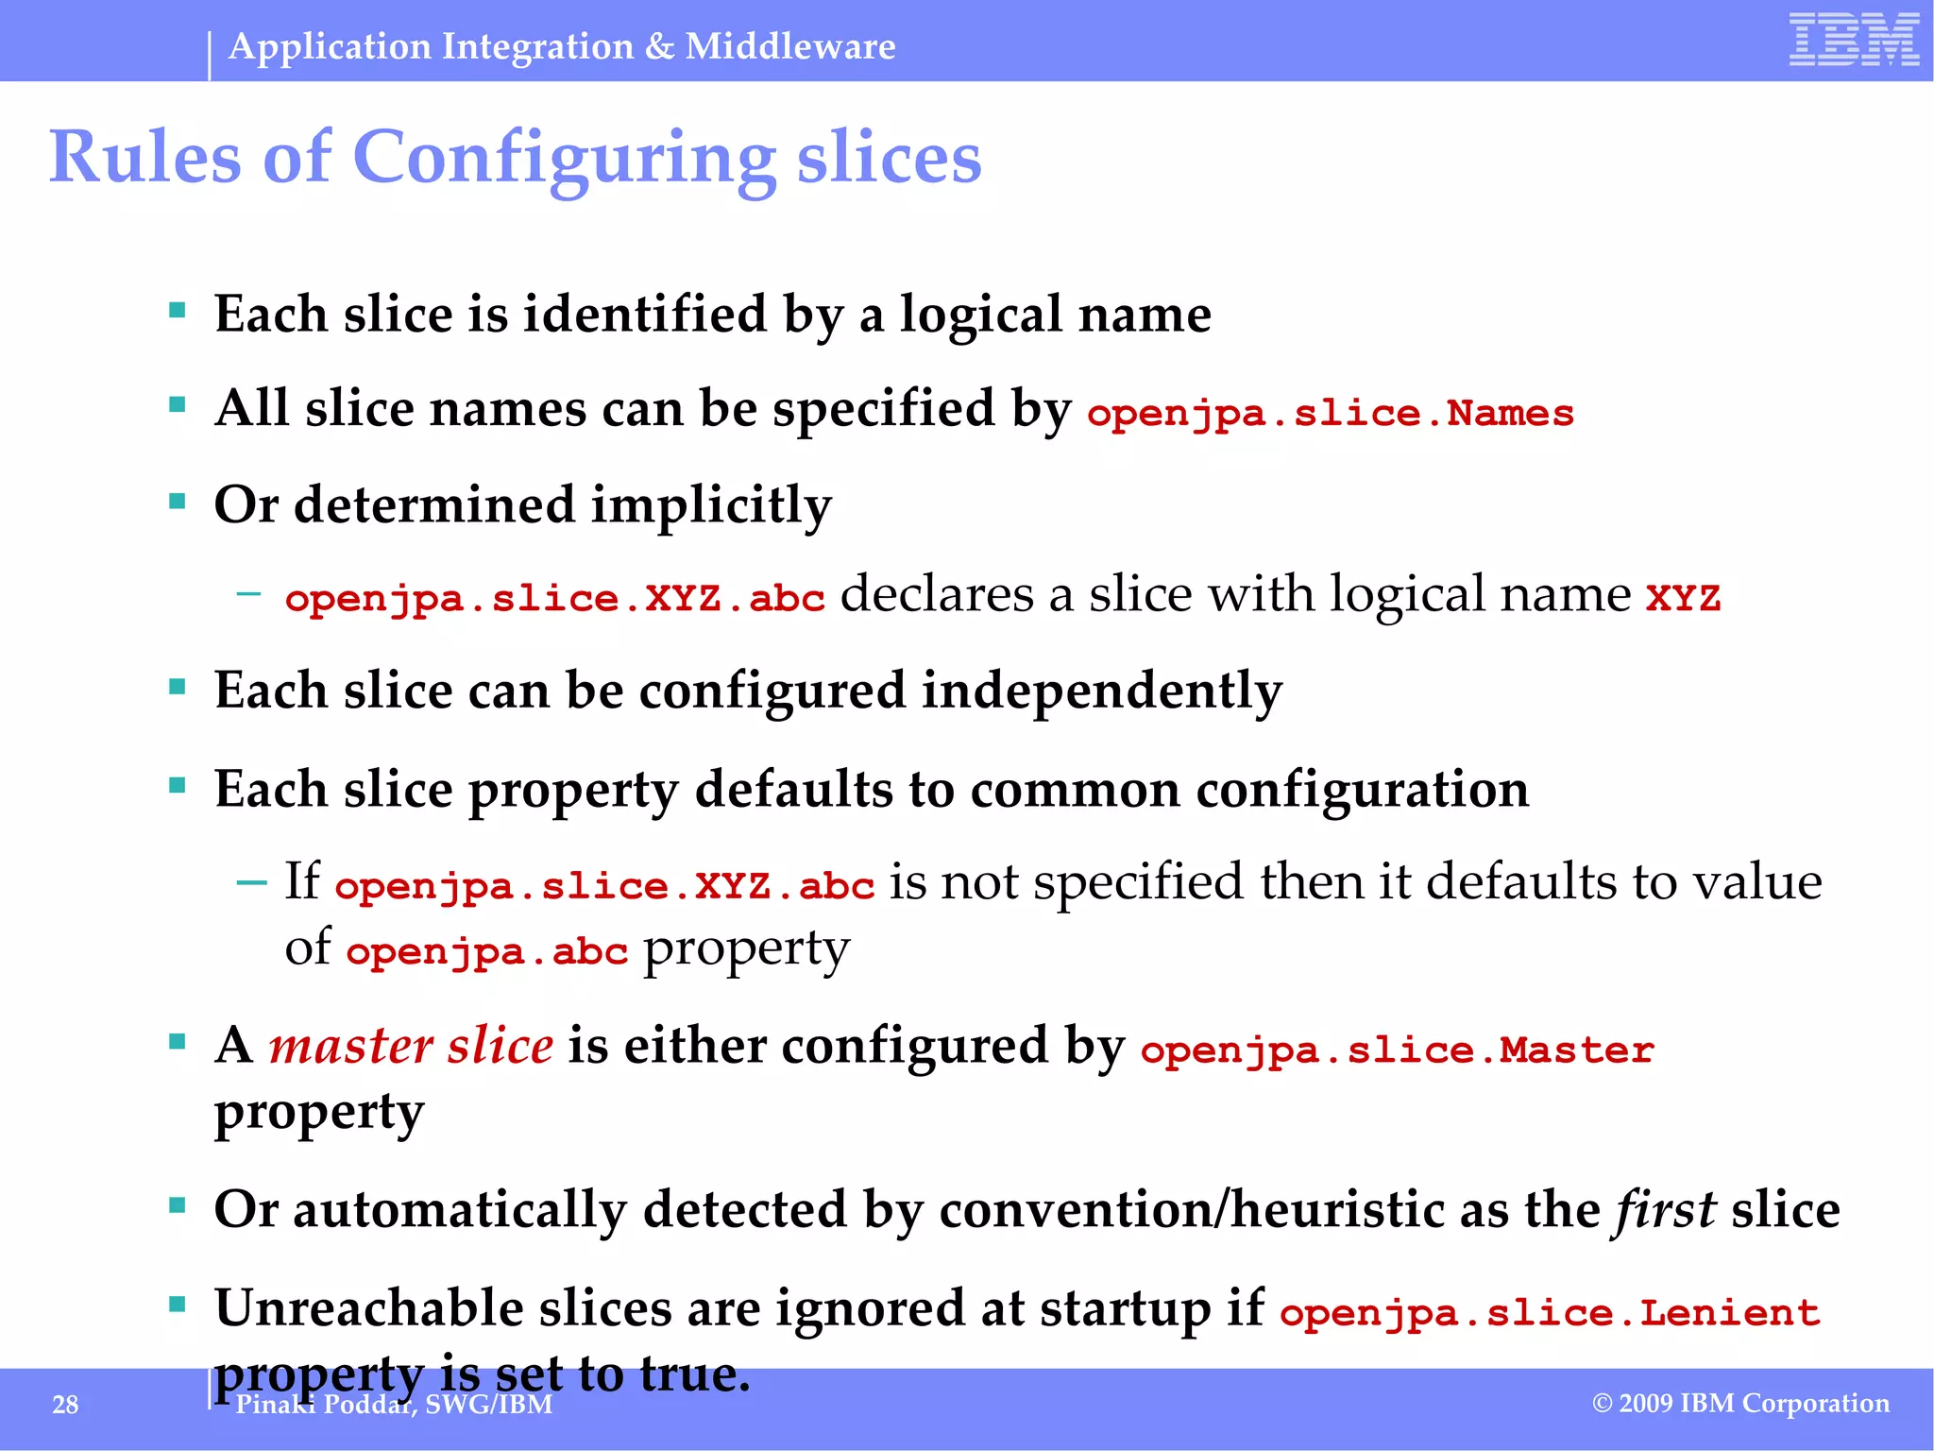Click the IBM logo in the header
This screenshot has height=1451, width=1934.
1854,41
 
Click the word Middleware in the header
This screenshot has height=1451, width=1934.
790,46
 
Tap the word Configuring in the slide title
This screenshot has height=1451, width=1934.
564,158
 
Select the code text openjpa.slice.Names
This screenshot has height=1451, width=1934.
1331,414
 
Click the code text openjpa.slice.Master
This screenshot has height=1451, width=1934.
1397,1050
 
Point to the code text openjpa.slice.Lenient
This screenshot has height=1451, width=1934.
1550,1313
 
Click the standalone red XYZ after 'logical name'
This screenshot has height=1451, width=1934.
1683,599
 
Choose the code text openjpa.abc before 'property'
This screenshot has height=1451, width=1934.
486,951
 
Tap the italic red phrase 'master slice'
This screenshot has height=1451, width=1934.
411,1047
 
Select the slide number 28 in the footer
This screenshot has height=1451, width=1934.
65,1405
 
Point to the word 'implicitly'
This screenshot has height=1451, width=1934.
712,505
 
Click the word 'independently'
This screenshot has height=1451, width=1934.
1102,691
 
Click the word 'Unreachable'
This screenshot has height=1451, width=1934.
369,1309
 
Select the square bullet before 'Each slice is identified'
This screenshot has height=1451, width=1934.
177,310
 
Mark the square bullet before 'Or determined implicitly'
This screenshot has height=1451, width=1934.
177,501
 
